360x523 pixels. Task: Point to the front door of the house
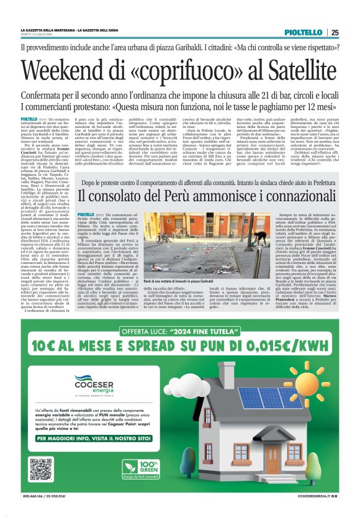(273, 458)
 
